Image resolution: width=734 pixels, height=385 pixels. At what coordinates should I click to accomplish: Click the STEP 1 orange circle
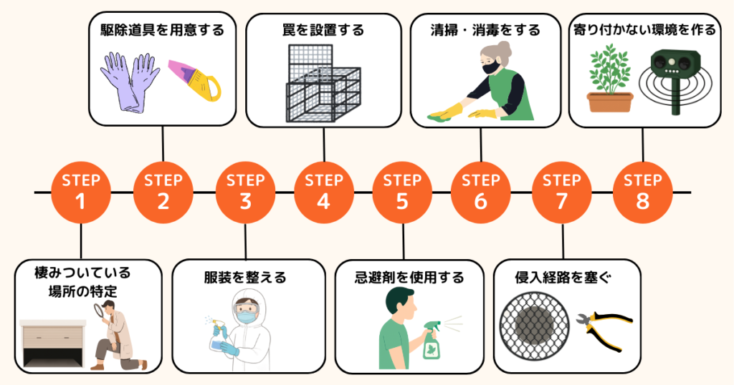(81, 192)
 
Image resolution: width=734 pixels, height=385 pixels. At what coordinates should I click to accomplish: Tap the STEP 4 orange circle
(323, 192)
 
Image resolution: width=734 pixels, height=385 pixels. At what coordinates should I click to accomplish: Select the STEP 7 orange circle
(562, 192)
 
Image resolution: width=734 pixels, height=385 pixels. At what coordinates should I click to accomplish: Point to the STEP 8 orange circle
(642, 192)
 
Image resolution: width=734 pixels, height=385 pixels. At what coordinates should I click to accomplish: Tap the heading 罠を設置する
(324, 30)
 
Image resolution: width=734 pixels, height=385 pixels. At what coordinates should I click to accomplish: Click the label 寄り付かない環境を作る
(644, 30)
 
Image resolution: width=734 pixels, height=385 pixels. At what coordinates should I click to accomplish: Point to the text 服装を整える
(245, 277)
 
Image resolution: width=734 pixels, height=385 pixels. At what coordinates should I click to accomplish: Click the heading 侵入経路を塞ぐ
(566, 277)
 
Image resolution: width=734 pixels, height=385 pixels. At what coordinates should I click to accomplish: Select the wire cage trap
(323, 84)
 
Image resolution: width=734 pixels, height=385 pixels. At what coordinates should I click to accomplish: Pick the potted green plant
(610, 80)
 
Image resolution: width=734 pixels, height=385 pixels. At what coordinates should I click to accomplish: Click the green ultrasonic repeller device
(673, 77)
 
